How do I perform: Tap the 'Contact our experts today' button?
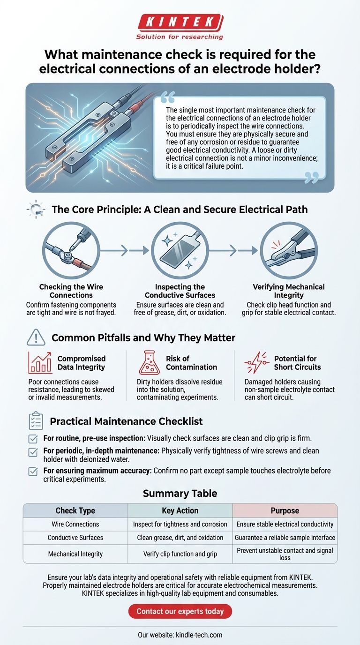pos(180,611)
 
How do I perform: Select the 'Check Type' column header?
pos(75,510)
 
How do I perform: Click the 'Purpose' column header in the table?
pos(285,510)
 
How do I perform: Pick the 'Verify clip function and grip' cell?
pos(180,554)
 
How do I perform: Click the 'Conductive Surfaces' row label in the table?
pos(75,538)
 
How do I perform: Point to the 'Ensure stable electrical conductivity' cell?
pos(285,524)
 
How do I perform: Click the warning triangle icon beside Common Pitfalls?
pos(36,337)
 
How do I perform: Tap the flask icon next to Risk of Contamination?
pos(149,362)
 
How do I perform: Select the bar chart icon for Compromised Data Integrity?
pos(40,362)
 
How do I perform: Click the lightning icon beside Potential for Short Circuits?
pos(256,362)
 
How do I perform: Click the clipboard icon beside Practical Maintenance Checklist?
pos(36,420)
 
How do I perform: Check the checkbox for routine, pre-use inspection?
pos(33,439)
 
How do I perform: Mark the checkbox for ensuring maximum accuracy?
pos(33,472)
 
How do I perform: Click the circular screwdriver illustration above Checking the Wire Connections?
pos(71,250)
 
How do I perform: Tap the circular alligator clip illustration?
pos(289,250)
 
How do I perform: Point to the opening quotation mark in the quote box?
pos(168,97)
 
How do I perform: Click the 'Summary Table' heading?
pos(180,493)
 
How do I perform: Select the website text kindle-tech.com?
pos(199,635)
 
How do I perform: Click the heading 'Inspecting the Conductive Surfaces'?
pos(180,291)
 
